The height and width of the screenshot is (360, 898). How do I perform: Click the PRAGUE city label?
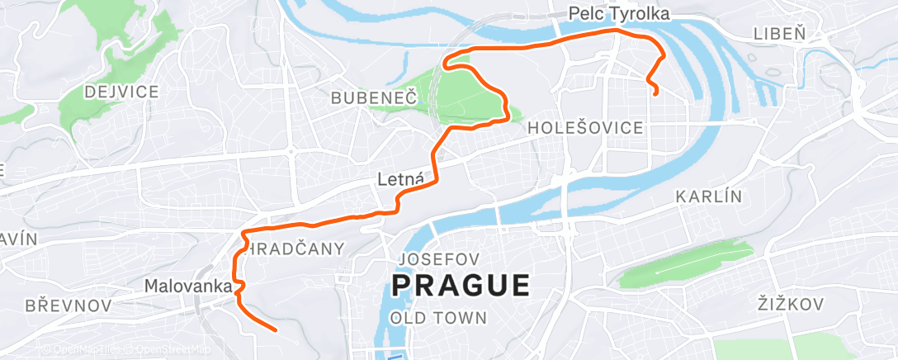[461, 286]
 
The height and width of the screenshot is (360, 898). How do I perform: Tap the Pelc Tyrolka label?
[618, 13]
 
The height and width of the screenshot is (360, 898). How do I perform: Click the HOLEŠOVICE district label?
[585, 128]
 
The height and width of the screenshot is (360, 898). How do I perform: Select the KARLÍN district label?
[709, 197]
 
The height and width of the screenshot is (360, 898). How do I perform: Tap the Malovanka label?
[187, 286]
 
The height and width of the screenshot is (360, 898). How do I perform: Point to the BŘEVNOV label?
[69, 306]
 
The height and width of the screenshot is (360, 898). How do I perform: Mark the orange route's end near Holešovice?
[655, 94]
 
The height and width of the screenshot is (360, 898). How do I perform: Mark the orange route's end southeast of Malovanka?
[275, 330]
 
